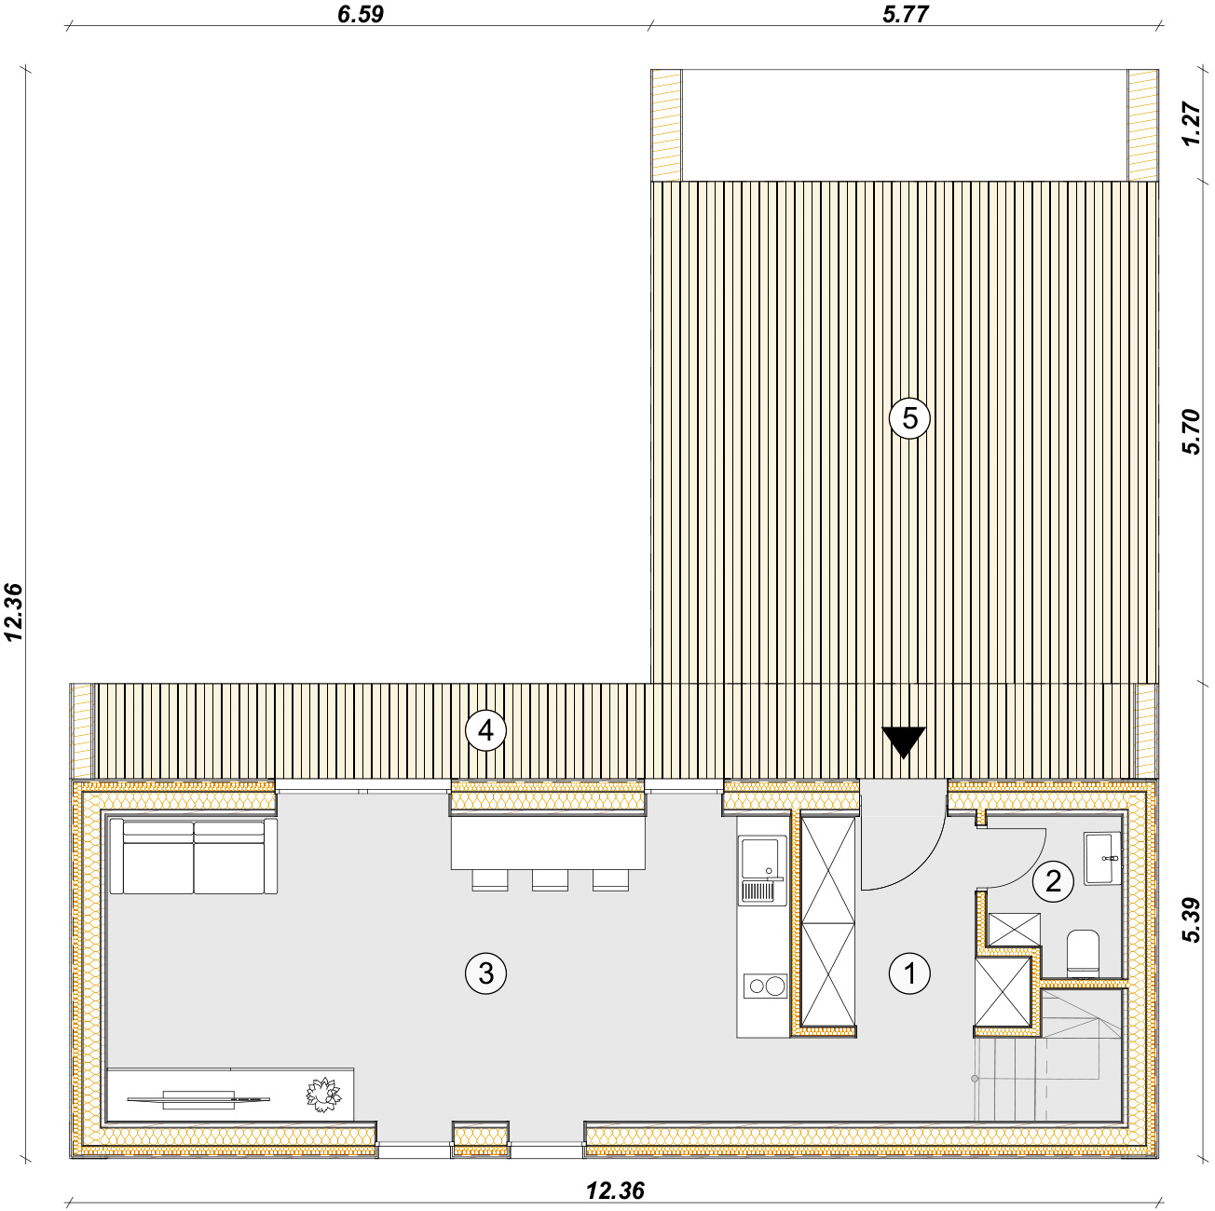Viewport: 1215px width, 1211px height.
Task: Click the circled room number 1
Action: tap(908, 974)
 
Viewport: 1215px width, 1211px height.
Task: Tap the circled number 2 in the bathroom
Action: tap(1052, 881)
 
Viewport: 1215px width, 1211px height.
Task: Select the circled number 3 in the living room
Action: tap(485, 973)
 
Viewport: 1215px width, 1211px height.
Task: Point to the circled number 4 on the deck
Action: tap(485, 730)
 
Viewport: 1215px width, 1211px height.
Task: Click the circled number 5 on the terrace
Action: tap(909, 418)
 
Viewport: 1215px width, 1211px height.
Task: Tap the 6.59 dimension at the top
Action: tap(360, 14)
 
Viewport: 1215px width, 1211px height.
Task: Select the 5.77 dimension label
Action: tap(906, 14)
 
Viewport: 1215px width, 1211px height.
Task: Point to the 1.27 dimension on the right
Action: tap(1191, 124)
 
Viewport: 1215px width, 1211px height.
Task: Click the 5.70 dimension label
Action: tap(1191, 431)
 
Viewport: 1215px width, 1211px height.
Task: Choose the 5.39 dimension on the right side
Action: tap(1191, 919)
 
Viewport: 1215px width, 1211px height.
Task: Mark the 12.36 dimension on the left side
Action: tap(13, 612)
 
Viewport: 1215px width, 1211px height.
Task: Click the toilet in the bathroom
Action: tap(1083, 952)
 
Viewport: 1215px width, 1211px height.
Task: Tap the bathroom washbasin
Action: tap(1101, 858)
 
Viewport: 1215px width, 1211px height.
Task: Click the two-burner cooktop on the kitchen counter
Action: tap(765, 986)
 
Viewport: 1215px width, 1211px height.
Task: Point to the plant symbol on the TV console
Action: tap(323, 1095)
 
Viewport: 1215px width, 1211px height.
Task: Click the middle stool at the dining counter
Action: tap(550, 880)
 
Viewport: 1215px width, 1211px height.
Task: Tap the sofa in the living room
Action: tap(194, 855)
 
